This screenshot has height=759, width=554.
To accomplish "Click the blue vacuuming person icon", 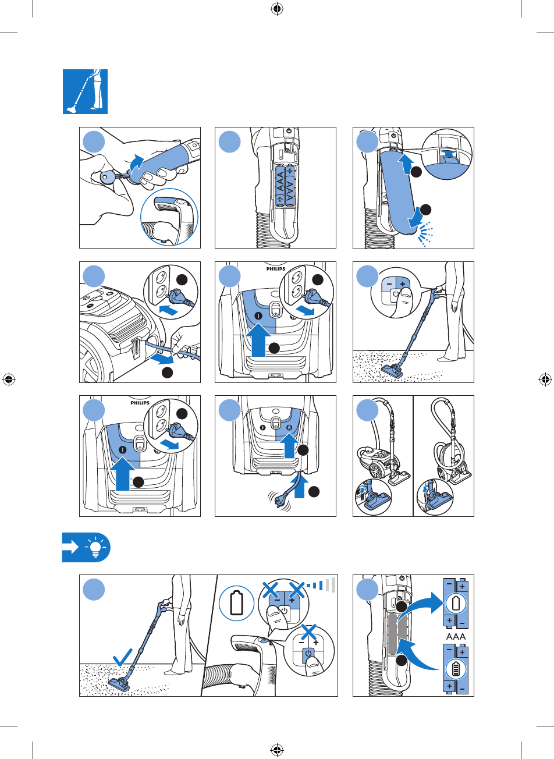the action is (x=85, y=91).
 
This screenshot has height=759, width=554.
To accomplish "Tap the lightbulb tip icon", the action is (x=93, y=548).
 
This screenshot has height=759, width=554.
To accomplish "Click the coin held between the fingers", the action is (x=108, y=178).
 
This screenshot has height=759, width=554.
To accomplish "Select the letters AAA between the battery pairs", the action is (x=456, y=637).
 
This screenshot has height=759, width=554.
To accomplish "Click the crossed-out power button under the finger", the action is (x=308, y=654).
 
